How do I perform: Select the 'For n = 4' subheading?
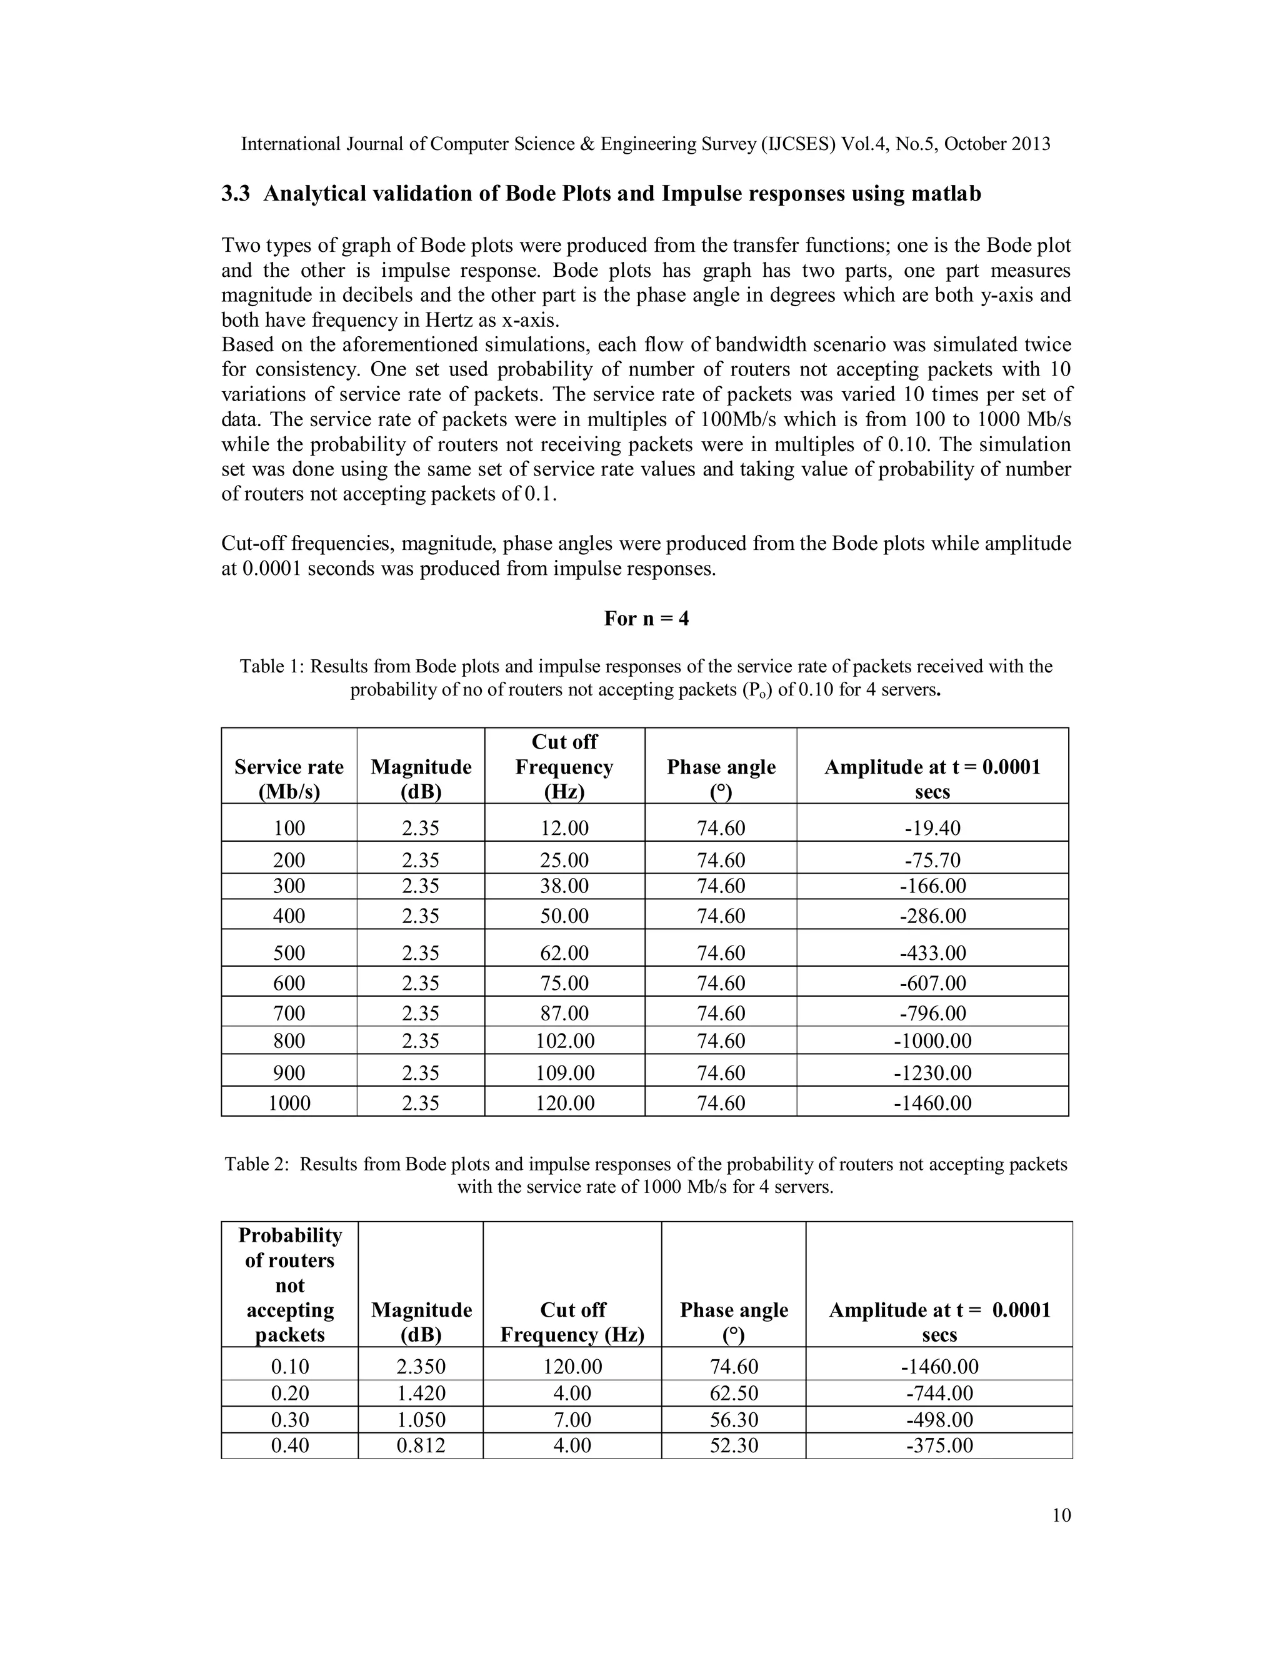(x=646, y=619)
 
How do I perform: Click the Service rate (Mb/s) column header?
(x=289, y=779)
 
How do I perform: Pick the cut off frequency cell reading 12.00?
(x=564, y=828)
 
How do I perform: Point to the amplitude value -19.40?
(x=932, y=828)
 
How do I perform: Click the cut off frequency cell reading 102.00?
(x=564, y=1040)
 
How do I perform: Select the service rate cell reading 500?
(x=289, y=953)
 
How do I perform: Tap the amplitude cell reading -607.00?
(x=932, y=984)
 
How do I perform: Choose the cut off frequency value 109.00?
(x=564, y=1073)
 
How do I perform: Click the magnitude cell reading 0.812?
(x=421, y=1445)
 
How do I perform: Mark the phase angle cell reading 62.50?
(x=733, y=1393)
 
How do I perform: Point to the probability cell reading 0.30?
(x=289, y=1419)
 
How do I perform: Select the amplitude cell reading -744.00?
(x=939, y=1393)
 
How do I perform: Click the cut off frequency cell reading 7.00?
(x=572, y=1419)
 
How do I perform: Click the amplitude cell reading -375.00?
(x=939, y=1445)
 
